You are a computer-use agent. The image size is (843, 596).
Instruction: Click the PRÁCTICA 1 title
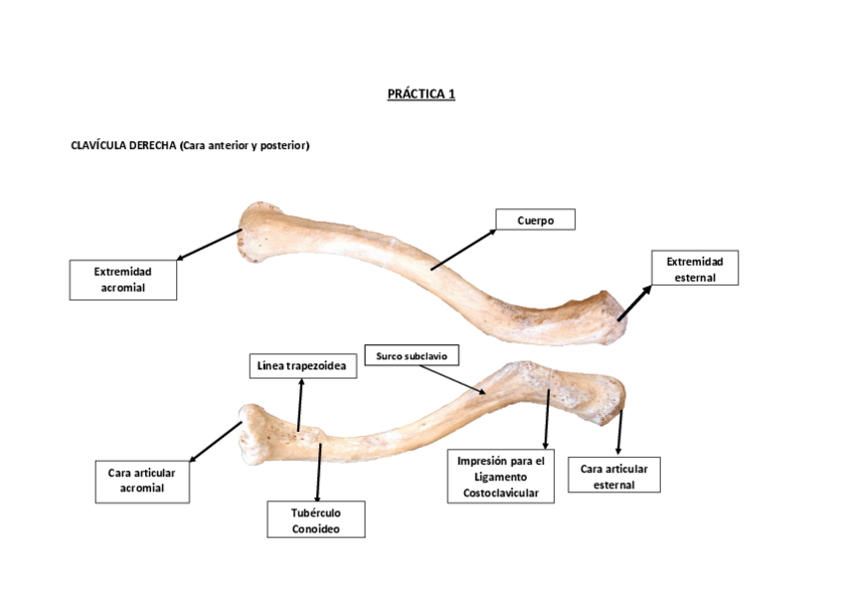(x=421, y=95)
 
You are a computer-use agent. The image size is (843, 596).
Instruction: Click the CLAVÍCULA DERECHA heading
(x=190, y=145)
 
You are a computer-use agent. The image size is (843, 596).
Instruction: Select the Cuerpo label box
(x=535, y=220)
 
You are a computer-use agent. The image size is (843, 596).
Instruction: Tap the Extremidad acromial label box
(x=122, y=280)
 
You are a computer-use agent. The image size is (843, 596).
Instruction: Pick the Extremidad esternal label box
(x=694, y=269)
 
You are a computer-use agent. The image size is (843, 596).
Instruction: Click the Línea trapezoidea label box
(x=301, y=367)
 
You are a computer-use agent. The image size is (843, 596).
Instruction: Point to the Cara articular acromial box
(x=141, y=481)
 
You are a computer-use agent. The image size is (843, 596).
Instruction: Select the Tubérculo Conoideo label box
(x=316, y=520)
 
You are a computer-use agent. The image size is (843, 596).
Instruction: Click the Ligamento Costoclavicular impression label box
(x=500, y=477)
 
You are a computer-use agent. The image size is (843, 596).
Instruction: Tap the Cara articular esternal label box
(x=613, y=475)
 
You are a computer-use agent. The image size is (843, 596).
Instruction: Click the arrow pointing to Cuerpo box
(x=463, y=249)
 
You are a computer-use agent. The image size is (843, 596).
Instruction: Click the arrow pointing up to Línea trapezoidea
(x=300, y=405)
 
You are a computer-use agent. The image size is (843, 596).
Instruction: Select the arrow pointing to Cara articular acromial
(x=216, y=442)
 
